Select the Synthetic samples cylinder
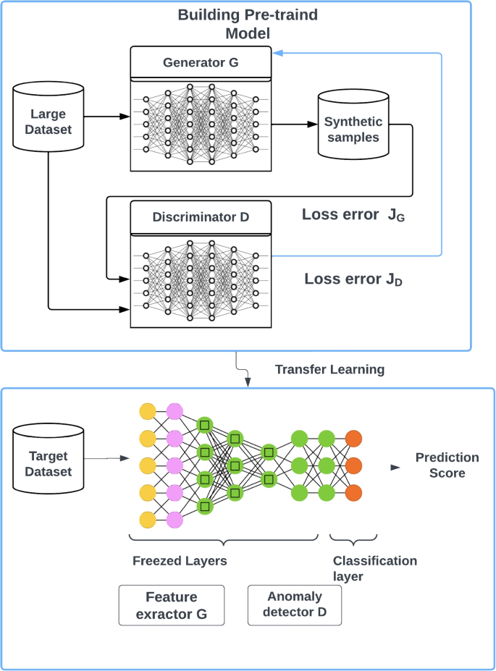click(x=351, y=128)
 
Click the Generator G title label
click(x=200, y=62)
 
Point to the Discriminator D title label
click(x=200, y=217)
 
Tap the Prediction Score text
click(x=447, y=465)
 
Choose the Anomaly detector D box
click(x=294, y=606)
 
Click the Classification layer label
click(x=374, y=568)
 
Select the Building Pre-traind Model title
click(x=248, y=24)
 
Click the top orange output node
click(x=354, y=438)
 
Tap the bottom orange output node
click(x=354, y=493)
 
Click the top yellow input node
click(x=148, y=412)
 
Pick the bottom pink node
click(x=175, y=520)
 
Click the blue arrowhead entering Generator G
click(x=277, y=53)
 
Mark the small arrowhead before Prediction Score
click(x=395, y=467)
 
